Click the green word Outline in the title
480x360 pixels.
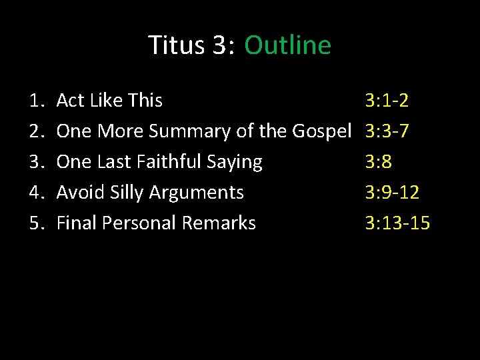coord(287,45)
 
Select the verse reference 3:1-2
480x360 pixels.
coord(387,101)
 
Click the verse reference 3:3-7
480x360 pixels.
coord(387,131)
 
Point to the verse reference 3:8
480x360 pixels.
coord(379,162)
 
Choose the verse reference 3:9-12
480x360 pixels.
coord(392,193)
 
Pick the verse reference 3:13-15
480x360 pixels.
coord(397,223)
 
